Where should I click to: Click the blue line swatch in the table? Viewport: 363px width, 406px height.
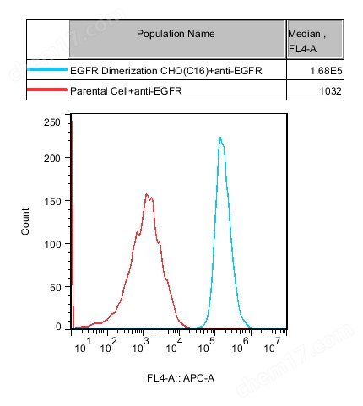(47, 71)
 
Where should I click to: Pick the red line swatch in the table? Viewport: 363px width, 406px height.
(47, 89)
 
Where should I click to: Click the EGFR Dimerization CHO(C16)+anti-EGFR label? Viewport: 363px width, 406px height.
(166, 72)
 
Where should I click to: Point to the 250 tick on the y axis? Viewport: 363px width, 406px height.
(51, 122)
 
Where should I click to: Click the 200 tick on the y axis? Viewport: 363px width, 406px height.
(51, 158)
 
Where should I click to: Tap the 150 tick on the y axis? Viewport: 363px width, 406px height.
(51, 201)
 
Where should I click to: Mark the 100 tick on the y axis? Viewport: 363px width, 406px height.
(51, 244)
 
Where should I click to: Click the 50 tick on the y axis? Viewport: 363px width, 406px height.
(54, 287)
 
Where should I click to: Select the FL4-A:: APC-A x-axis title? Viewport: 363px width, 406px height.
(181, 377)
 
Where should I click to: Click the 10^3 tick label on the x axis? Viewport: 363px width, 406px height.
(141, 346)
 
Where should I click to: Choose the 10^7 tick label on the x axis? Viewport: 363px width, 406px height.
(272, 346)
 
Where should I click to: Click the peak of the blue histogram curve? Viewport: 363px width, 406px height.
(220, 138)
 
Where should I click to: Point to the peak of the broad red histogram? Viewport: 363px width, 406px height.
(147, 195)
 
